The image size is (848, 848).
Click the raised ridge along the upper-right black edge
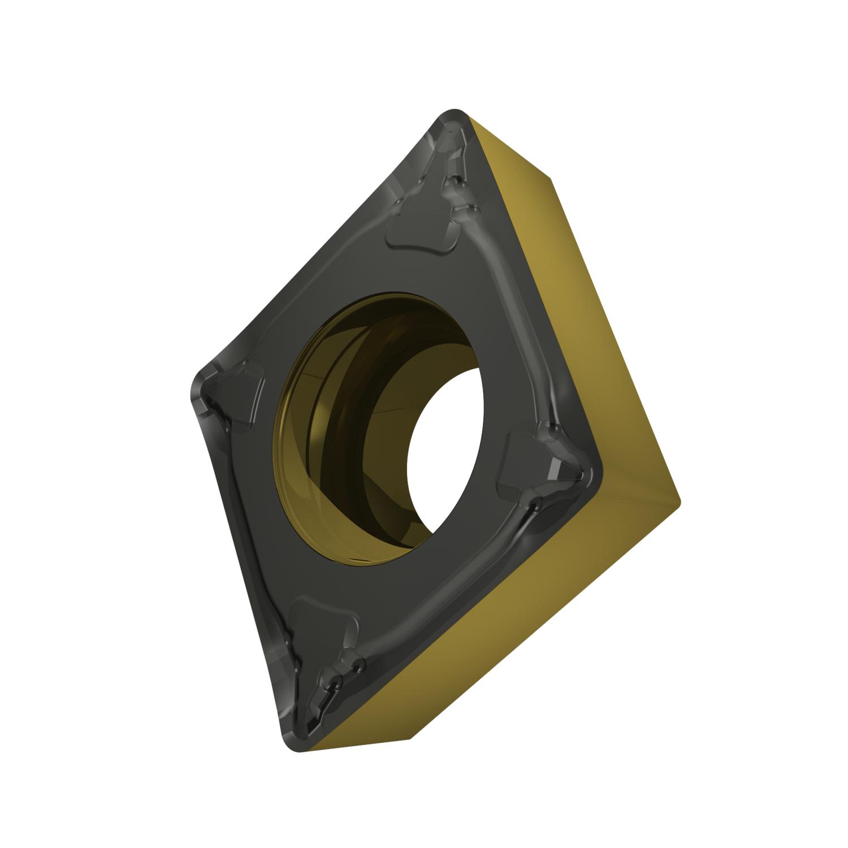[509, 317]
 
